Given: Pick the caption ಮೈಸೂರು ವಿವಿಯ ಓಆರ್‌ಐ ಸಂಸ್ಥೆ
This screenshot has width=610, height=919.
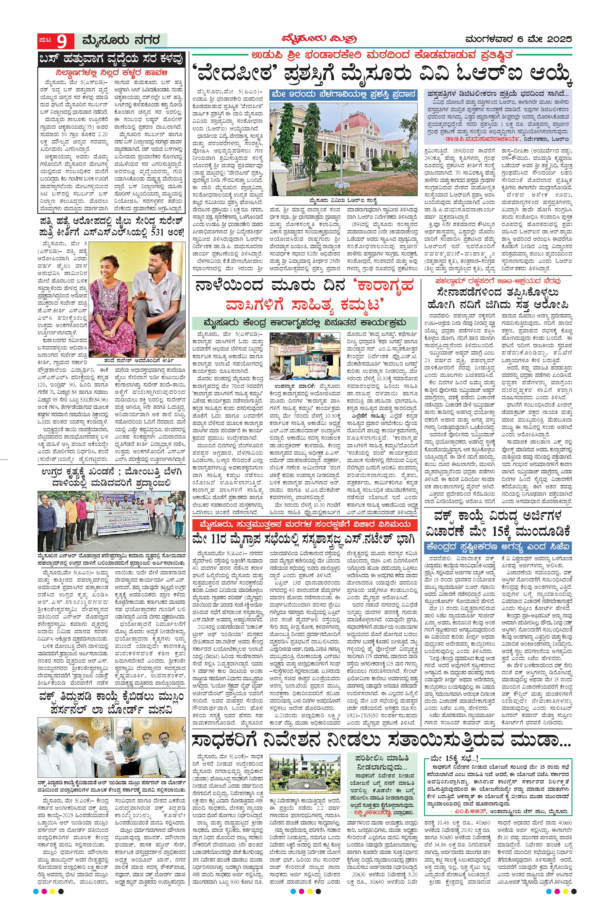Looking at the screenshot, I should (344, 201).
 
